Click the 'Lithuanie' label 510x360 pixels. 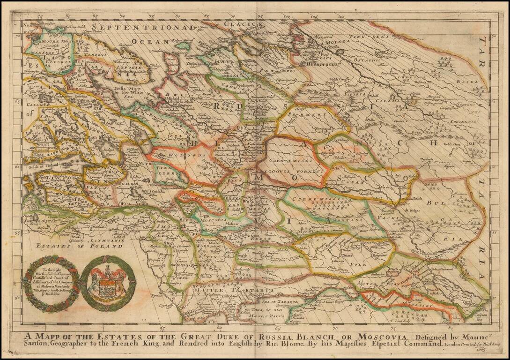tap(107, 240)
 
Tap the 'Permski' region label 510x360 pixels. tap(310, 113)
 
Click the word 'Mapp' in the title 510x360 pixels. tap(47, 337)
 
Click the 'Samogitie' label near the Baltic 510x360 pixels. tap(41, 220)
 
